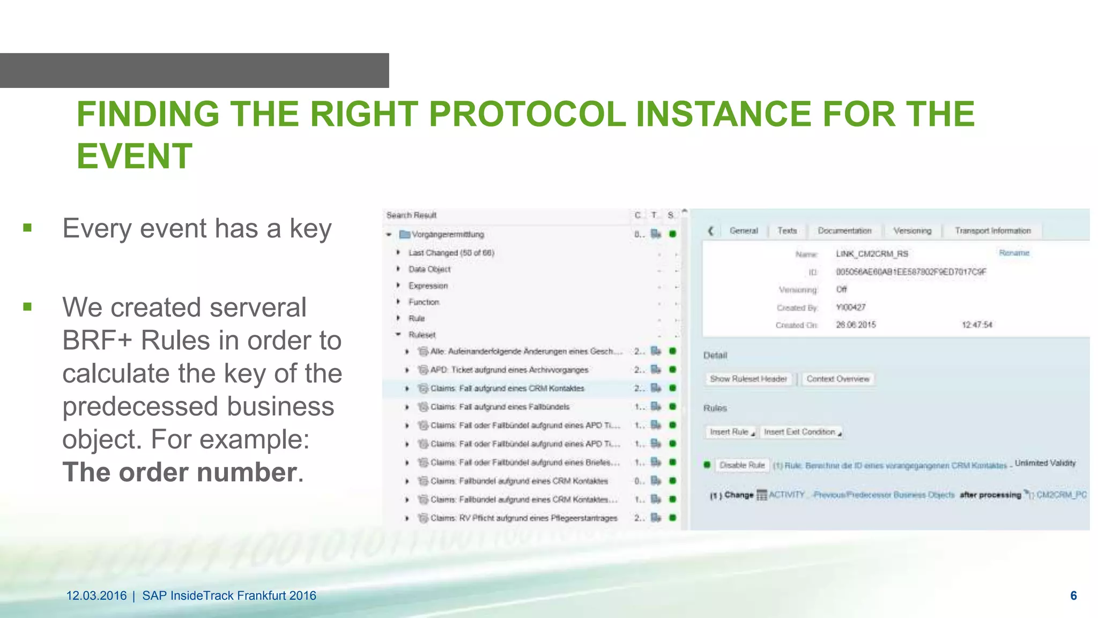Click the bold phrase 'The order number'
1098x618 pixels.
(179, 472)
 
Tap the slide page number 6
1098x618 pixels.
(1073, 595)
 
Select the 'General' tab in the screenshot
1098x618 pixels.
(743, 231)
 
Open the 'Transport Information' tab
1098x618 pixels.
(992, 231)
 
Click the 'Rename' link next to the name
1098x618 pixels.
(1014, 253)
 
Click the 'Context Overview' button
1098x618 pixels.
(837, 379)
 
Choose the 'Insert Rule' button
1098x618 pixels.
(730, 432)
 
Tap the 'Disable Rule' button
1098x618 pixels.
(741, 465)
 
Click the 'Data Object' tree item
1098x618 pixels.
(429, 269)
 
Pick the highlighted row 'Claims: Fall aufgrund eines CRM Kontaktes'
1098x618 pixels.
(507, 388)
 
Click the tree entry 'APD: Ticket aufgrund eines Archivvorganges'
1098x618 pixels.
(509, 370)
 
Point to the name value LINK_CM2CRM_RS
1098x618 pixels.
(872, 254)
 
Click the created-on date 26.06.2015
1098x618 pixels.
(856, 325)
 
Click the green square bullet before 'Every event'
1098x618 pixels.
(28, 228)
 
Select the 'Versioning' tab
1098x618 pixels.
(912, 231)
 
